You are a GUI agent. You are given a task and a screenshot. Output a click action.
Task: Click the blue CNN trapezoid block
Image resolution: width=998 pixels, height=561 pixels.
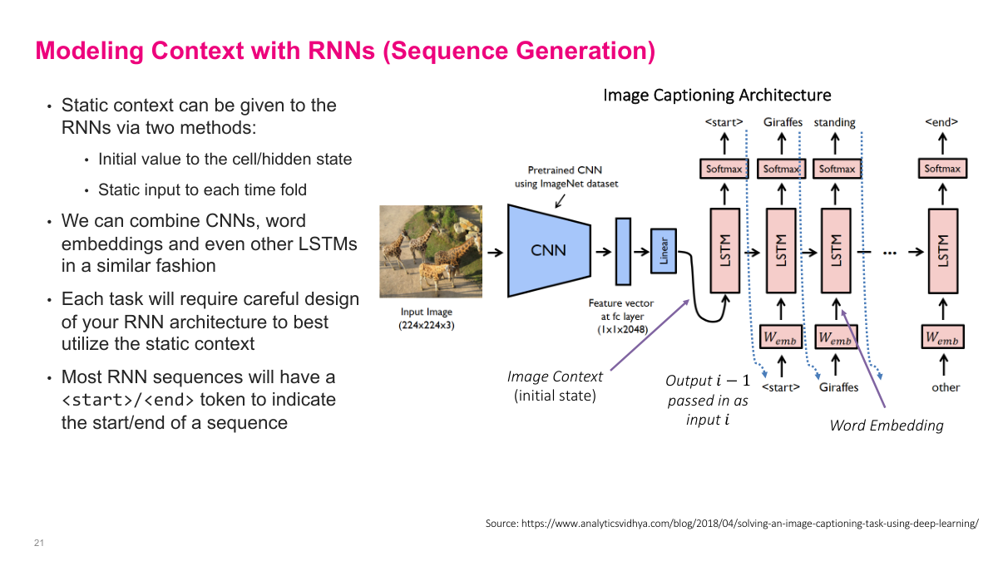coord(548,250)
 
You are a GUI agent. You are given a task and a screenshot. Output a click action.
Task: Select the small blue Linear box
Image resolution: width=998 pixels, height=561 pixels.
coord(664,250)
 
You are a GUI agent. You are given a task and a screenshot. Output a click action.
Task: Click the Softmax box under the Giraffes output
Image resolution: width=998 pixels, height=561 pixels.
coord(782,169)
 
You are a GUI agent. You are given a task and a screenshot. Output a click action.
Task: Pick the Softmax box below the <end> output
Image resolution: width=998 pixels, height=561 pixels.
coord(942,169)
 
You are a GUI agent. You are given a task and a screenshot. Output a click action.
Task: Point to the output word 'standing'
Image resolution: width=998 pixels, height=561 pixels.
coord(834,122)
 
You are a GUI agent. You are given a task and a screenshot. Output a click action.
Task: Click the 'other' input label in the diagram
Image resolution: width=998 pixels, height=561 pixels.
coord(945,387)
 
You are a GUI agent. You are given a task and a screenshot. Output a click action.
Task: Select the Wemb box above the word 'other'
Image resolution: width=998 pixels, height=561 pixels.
coord(942,337)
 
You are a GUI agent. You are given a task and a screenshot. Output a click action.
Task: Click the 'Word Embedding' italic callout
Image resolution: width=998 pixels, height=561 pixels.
coord(887,426)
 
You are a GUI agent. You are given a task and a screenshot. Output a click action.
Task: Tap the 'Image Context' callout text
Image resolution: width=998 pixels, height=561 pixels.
coord(555,376)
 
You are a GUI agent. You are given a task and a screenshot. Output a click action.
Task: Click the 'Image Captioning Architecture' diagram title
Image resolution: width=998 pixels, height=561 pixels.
coord(717,96)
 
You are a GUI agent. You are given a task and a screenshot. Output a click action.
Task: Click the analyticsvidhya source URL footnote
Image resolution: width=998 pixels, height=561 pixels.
coord(732,524)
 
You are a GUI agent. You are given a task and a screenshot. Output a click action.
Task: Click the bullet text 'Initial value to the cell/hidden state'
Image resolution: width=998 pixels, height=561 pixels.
coord(225,160)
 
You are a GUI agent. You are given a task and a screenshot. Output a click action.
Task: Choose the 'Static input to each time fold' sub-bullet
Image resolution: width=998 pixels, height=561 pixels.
coord(202,190)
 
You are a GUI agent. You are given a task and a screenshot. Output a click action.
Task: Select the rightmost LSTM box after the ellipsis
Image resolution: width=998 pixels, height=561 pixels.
coord(942,250)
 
